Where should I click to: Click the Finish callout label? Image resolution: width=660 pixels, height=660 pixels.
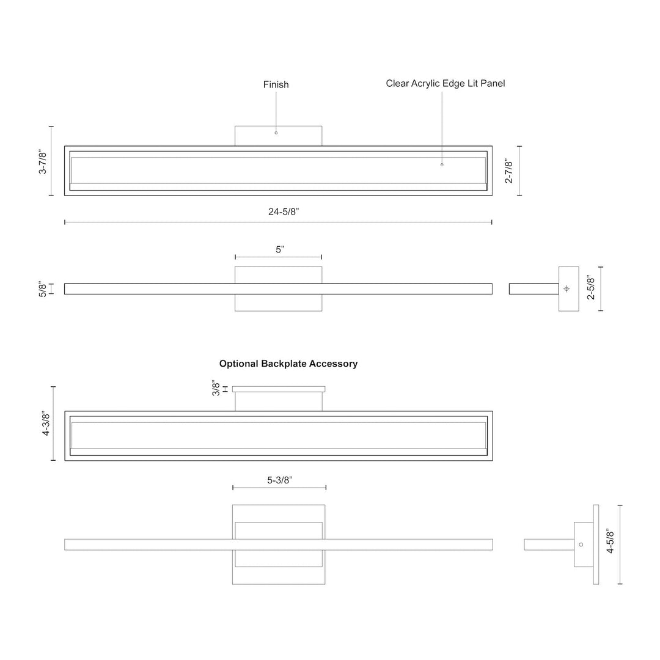(276, 85)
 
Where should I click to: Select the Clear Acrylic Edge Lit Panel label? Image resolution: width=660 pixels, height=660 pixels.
(445, 84)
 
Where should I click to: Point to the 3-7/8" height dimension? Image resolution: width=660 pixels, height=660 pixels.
(43, 161)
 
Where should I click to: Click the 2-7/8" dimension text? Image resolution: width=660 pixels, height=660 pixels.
(508, 170)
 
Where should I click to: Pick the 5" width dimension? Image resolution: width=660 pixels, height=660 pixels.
(280, 249)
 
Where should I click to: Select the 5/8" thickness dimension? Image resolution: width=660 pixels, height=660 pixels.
(42, 288)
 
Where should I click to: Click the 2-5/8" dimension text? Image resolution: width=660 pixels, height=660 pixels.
(590, 288)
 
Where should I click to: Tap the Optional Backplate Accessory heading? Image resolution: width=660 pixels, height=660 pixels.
(288, 364)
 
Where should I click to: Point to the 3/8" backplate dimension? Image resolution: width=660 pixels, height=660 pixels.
(216, 389)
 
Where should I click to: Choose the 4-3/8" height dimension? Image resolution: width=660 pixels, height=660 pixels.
(46, 424)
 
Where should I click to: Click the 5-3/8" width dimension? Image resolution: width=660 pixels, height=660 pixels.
(280, 480)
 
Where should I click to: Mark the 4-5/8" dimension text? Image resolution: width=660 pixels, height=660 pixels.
(609, 541)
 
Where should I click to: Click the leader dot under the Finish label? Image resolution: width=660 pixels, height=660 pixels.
(276, 133)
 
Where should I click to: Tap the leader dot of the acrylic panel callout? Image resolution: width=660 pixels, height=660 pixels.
(442, 164)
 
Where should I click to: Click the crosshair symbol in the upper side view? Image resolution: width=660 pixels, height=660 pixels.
(566, 288)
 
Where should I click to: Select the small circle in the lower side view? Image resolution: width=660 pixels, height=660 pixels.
(581, 544)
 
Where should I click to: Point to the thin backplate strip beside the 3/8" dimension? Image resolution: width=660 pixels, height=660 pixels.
(279, 389)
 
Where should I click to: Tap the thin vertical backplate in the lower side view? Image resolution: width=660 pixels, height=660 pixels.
(596, 544)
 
